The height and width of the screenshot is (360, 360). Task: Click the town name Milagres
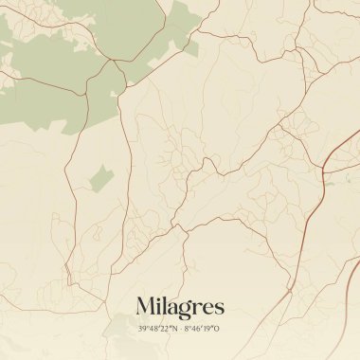[x=180, y=306]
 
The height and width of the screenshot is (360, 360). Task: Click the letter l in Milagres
[x=164, y=305]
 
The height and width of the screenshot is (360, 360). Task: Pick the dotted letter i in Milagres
[x=158, y=305]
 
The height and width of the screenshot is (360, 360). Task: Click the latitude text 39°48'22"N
[x=156, y=329]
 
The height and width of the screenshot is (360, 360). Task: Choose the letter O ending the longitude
[x=218, y=329]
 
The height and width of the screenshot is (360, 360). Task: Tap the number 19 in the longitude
[x=208, y=329]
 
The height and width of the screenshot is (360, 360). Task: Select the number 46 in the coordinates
[x=196, y=329]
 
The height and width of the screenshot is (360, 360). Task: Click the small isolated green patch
[x=100, y=176]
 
